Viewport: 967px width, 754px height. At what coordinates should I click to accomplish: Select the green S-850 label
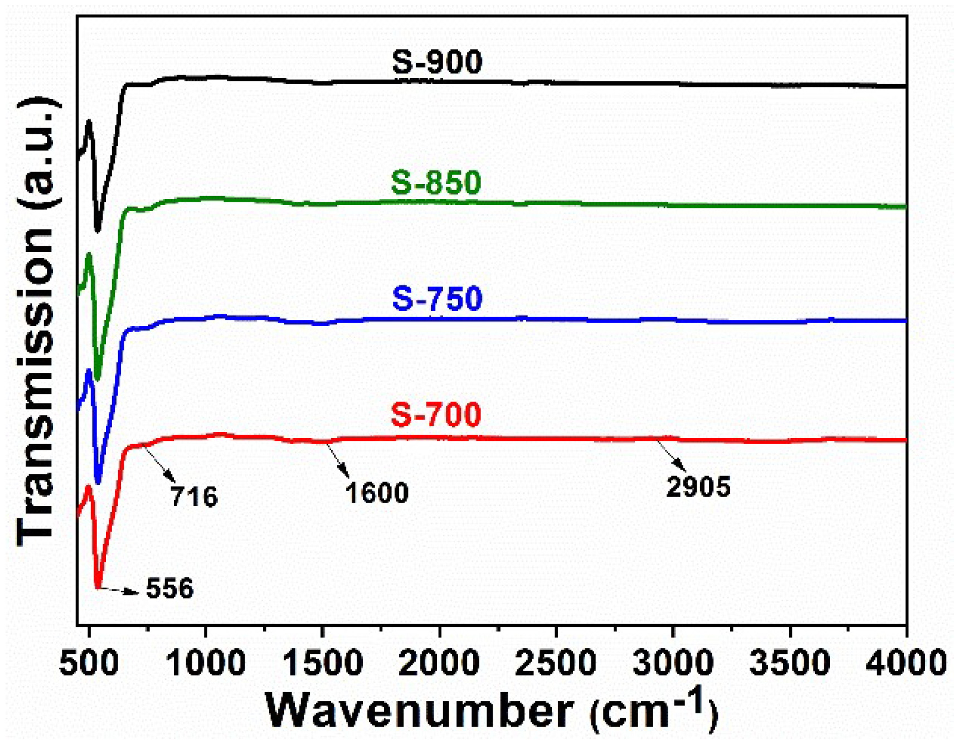(436, 182)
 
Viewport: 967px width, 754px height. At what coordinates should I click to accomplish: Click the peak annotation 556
(169, 588)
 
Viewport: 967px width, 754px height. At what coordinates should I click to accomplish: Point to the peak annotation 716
(194, 496)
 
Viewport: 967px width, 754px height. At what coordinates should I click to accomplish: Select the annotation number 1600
(377, 493)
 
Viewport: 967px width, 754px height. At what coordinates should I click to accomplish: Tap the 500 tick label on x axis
(89, 663)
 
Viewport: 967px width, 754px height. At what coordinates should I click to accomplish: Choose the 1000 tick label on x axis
(206, 663)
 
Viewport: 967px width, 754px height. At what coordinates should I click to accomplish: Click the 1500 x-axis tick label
(323, 663)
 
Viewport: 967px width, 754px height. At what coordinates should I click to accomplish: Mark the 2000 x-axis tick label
(440, 663)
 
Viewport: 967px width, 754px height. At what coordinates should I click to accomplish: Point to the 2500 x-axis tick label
(556, 663)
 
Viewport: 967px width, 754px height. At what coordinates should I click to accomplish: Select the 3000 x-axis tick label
(673, 663)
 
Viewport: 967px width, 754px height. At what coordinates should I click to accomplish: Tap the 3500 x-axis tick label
(790, 663)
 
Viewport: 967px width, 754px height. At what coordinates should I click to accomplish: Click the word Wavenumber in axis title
(419, 711)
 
